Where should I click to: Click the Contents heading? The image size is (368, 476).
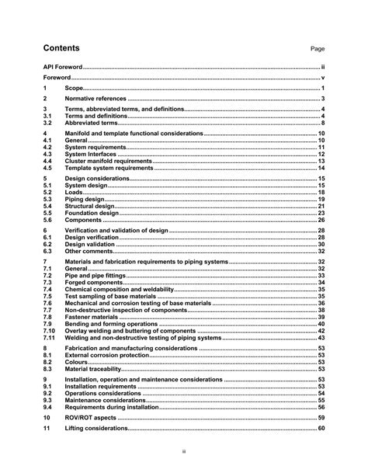[x=61, y=47]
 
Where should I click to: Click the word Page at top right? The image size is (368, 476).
[x=318, y=48]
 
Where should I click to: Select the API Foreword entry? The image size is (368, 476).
[x=63, y=68]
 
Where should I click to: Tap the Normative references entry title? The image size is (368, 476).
[x=95, y=99]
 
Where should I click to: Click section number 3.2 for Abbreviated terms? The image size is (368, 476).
[x=47, y=123]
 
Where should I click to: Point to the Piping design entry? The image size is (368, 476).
[x=86, y=200]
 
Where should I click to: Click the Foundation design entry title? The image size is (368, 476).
[x=92, y=213]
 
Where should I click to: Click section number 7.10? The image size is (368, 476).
[x=49, y=331]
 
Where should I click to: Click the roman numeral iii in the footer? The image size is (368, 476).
[x=184, y=449]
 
